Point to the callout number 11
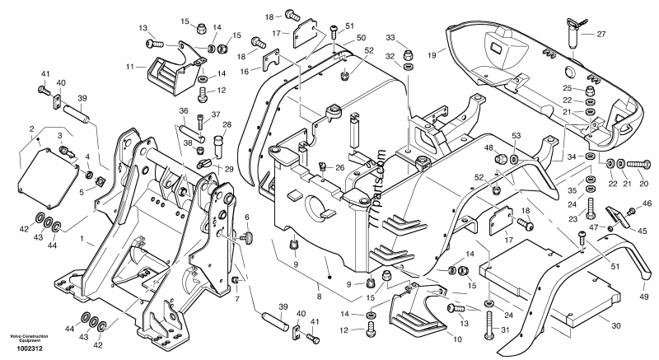click(x=130, y=65)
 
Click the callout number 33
click(x=391, y=37)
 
